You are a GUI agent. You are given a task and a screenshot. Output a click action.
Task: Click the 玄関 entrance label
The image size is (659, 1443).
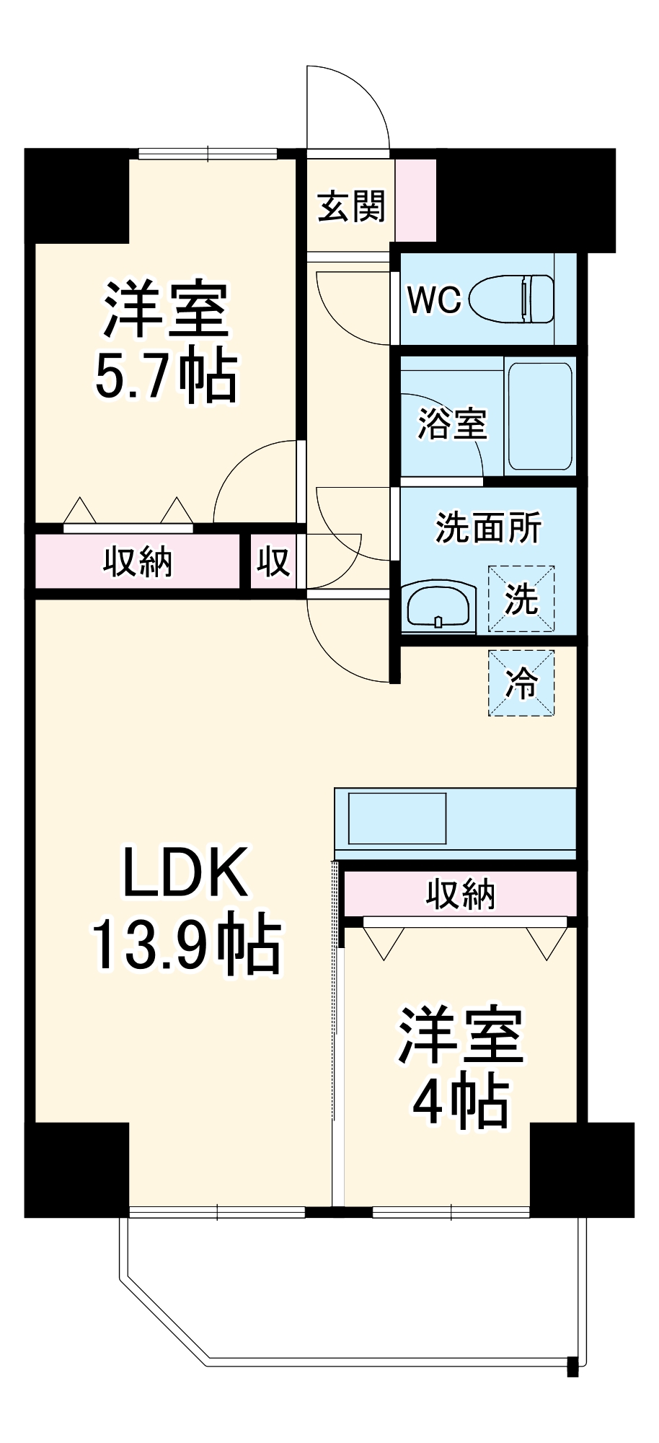point(351,206)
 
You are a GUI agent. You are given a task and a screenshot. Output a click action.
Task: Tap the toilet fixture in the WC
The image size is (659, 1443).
point(513,299)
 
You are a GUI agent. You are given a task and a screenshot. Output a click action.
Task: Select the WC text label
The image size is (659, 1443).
point(433,299)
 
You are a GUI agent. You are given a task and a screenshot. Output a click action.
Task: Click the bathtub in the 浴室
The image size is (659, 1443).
point(540,416)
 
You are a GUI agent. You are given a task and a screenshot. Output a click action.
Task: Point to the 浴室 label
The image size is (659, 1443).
point(452,424)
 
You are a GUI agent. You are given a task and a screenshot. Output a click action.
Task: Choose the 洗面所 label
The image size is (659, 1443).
point(488,527)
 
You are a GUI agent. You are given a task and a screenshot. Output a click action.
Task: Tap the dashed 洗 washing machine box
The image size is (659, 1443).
point(521,599)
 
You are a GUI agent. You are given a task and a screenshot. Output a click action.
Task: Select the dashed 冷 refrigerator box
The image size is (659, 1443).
point(521,683)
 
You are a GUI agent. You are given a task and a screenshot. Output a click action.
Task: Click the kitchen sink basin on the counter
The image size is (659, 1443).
point(397,818)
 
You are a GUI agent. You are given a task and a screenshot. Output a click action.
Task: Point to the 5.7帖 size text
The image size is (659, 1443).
point(166,377)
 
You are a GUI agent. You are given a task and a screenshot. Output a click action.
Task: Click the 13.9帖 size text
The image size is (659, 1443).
point(185,943)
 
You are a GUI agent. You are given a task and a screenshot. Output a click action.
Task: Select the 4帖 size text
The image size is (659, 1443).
point(461,1102)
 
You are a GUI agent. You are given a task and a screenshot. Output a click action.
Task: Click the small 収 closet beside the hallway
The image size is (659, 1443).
point(273,561)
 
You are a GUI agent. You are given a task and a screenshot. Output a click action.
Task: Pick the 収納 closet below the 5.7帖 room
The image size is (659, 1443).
point(137,561)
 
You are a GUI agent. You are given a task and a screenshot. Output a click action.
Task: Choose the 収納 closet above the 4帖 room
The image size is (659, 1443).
point(460,894)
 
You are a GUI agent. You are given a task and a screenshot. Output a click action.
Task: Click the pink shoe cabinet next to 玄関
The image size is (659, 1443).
point(416,201)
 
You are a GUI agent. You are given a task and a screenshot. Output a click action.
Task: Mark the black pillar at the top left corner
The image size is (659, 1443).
point(76,195)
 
